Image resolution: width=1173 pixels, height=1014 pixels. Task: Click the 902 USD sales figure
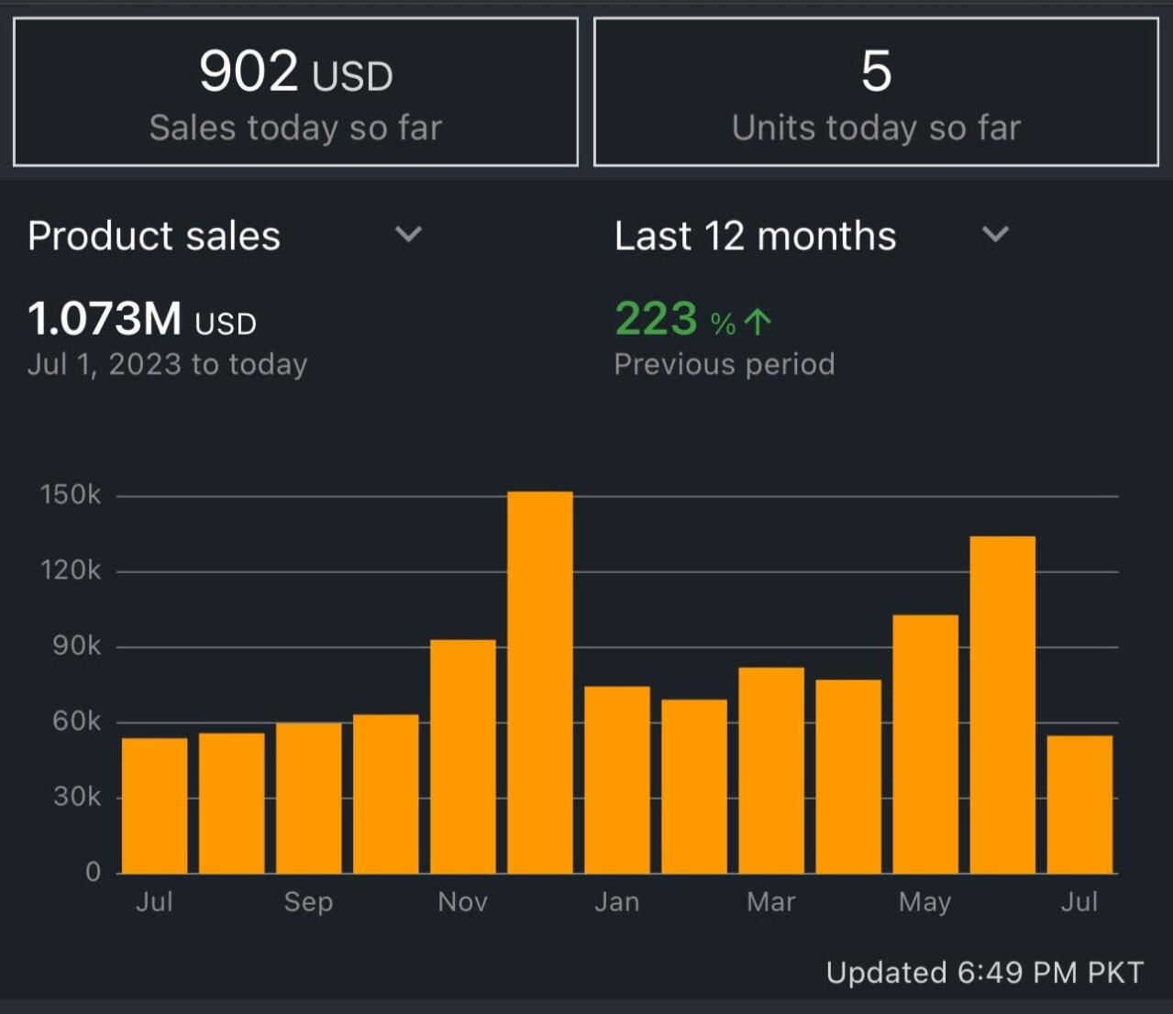pyautogui.click(x=295, y=72)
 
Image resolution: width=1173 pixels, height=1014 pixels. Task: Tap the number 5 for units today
pyautogui.click(x=876, y=72)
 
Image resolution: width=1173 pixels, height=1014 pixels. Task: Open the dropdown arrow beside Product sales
pyautogui.click(x=408, y=235)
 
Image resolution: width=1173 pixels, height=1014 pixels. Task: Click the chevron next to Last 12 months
pyautogui.click(x=995, y=235)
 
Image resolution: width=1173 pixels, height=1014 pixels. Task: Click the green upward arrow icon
pyautogui.click(x=758, y=322)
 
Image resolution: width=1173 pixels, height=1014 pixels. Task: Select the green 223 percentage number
pyautogui.click(x=656, y=320)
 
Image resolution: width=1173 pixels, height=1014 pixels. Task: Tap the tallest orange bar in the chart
pyautogui.click(x=540, y=682)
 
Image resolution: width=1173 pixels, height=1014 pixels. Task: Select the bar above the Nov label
pyautogui.click(x=463, y=756)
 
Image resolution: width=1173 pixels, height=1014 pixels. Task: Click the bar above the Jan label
pyautogui.click(x=617, y=779)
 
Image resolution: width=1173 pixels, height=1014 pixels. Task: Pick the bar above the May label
pyautogui.click(x=925, y=744)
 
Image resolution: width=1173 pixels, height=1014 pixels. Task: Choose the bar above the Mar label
pyautogui.click(x=771, y=770)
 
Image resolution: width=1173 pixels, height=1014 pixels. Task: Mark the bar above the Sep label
pyautogui.click(x=309, y=798)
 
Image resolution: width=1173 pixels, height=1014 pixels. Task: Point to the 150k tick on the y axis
pyautogui.click(x=71, y=495)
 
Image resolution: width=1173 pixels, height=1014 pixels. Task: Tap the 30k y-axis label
pyautogui.click(x=76, y=797)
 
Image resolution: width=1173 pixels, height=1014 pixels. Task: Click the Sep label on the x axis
pyautogui.click(x=308, y=902)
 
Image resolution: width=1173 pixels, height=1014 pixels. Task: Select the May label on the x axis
pyautogui.click(x=924, y=902)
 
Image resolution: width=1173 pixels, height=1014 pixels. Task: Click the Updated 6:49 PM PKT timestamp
pyautogui.click(x=984, y=973)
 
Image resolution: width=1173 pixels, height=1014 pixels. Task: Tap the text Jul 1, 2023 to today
pyautogui.click(x=168, y=365)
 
